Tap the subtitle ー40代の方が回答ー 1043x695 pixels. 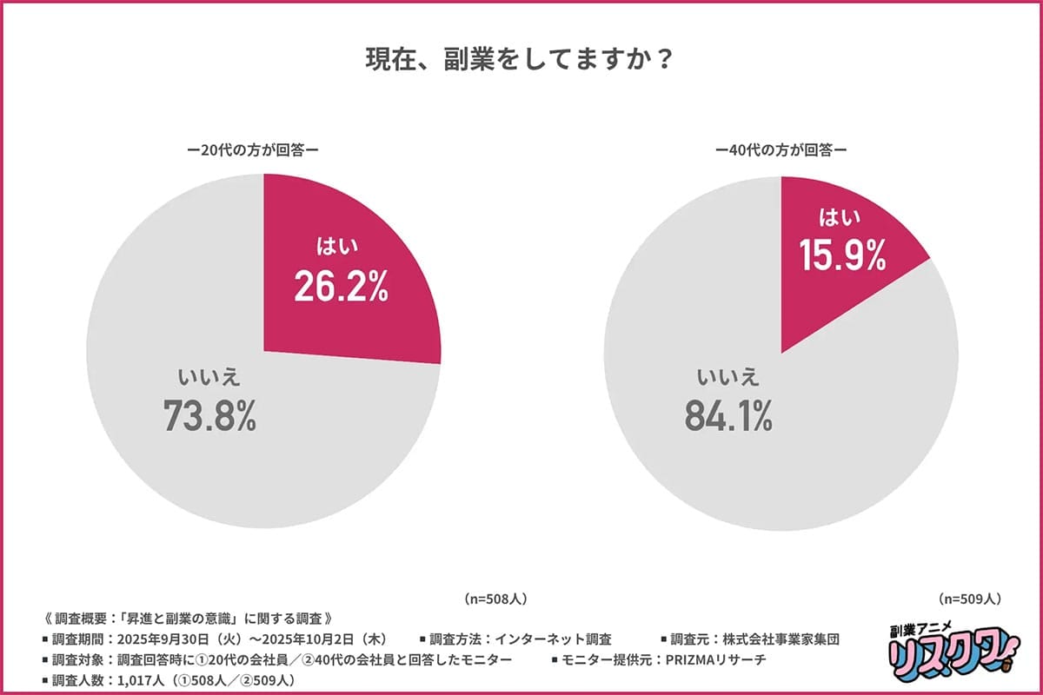tap(781, 149)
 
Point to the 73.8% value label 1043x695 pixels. tap(209, 416)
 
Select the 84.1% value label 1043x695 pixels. tap(728, 416)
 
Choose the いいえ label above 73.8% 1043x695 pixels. tap(209, 377)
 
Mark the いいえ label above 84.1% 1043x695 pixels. tap(728, 377)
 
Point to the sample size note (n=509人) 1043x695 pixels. tap(971, 599)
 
